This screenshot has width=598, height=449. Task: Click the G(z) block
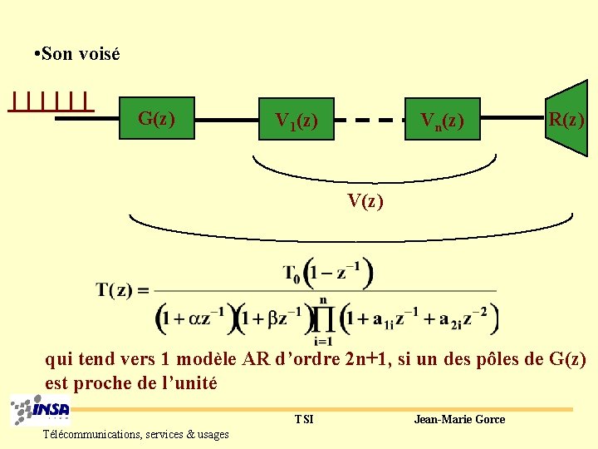(x=158, y=119)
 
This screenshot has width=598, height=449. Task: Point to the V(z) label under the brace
(x=365, y=200)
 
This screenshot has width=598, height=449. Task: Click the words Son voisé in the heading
(x=81, y=54)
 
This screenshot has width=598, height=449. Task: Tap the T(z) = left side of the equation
(x=122, y=290)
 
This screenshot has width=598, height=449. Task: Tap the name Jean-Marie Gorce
(x=459, y=419)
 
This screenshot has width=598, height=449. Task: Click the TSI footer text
(x=304, y=419)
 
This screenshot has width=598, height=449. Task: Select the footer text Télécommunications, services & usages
(x=136, y=434)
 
